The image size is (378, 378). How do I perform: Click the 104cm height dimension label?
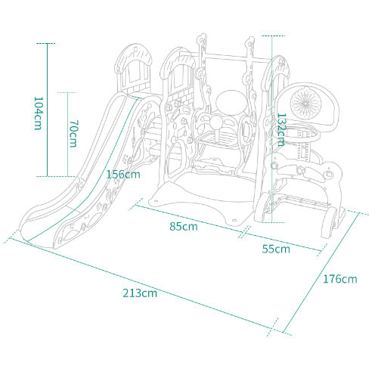[x=38, y=113]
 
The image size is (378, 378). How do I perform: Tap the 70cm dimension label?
[x=73, y=134]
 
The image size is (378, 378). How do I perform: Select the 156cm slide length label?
[x=123, y=175]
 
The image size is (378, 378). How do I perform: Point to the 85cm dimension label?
[x=184, y=226]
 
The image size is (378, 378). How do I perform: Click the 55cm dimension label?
[x=276, y=249]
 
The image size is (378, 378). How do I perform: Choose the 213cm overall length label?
[x=140, y=293]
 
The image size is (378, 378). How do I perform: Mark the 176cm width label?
[x=340, y=279]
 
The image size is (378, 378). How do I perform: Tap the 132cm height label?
[x=282, y=130]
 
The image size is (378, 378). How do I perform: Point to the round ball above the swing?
[x=231, y=103]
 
